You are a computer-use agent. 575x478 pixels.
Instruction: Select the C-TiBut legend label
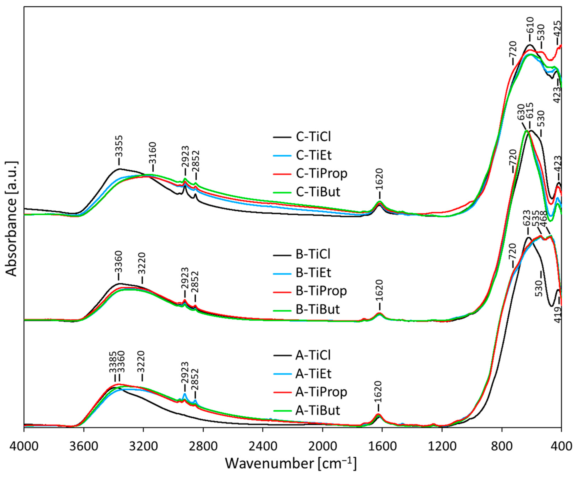(x=318, y=192)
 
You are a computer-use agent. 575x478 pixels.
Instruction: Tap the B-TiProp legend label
(x=321, y=291)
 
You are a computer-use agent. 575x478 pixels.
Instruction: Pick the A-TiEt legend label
(x=313, y=374)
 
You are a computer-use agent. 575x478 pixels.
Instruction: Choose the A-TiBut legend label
(x=317, y=411)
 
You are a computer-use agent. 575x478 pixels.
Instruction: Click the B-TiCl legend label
(x=313, y=254)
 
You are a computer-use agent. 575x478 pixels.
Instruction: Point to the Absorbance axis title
(x=12, y=218)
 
